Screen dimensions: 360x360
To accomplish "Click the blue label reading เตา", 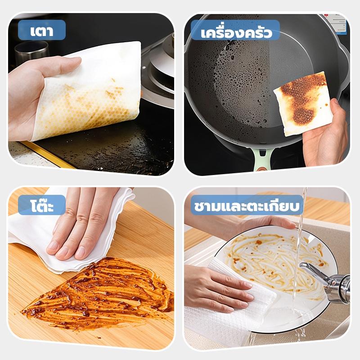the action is [x=42, y=30].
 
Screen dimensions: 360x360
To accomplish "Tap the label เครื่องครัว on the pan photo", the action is [x=235, y=30].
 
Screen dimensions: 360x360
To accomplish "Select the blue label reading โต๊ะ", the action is [x=42, y=205].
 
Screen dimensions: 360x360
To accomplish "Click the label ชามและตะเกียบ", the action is [x=247, y=205].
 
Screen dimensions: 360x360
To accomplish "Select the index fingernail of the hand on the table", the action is [x=53, y=246].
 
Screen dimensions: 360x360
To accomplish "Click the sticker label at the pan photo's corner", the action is [x=337, y=23].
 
